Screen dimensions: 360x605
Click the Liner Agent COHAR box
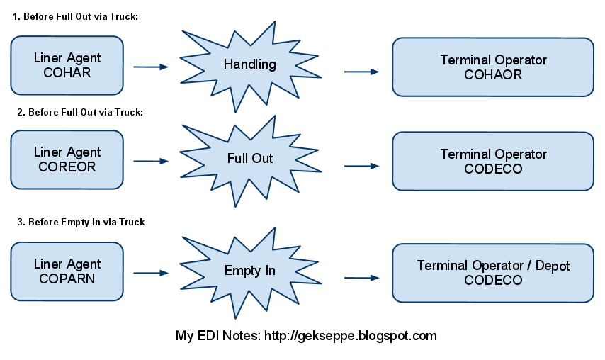click(x=67, y=65)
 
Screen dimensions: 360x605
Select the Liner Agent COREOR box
click(x=67, y=159)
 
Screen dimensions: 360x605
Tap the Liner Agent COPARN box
click(x=67, y=271)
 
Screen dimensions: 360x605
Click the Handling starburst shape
click(x=249, y=65)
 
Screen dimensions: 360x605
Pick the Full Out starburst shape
click(x=249, y=159)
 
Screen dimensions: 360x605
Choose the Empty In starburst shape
click(x=249, y=271)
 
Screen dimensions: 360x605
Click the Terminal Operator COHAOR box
click(x=493, y=67)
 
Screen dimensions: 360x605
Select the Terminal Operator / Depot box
click(x=493, y=273)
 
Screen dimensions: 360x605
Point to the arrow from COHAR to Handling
click(x=152, y=67)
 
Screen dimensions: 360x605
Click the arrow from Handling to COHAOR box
click(x=362, y=72)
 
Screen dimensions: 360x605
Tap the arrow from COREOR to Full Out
click(x=152, y=162)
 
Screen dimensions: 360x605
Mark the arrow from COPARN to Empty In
click(x=152, y=272)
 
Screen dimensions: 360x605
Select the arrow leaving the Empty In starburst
click(x=362, y=279)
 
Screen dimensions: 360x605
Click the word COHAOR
click(x=493, y=74)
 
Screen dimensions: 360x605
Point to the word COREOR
click(x=67, y=167)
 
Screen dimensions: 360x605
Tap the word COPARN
click(x=67, y=279)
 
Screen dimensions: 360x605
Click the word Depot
click(x=551, y=266)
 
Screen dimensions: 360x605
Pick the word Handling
click(x=249, y=64)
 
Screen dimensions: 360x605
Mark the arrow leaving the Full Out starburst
click(x=362, y=167)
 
